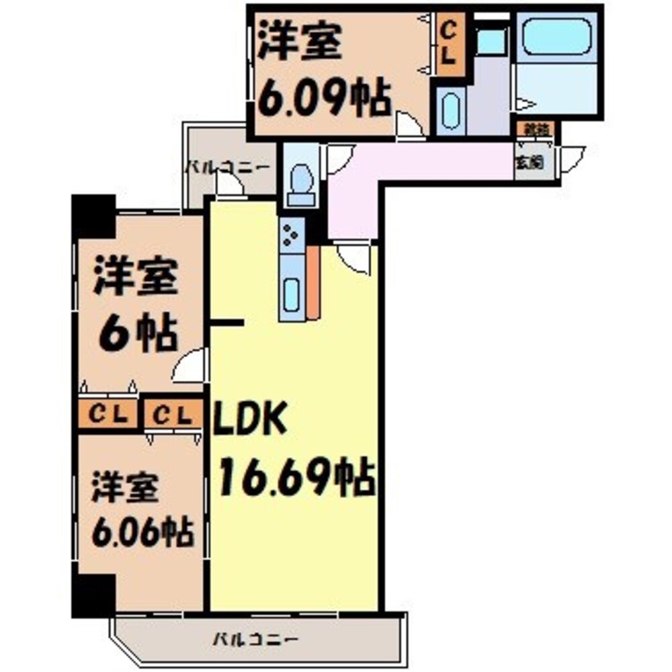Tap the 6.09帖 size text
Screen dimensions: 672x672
[323, 101]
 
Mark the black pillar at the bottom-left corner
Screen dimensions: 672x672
[93, 595]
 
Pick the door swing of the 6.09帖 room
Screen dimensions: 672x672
[408, 126]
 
